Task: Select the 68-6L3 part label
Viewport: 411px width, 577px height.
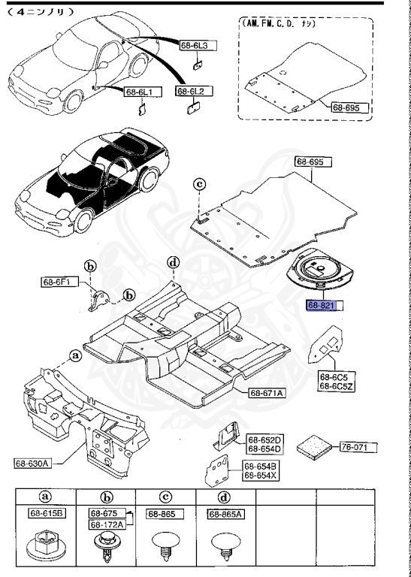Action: [x=197, y=46]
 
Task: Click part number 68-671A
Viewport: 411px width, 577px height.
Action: [x=267, y=393]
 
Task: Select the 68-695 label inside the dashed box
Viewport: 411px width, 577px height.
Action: [x=351, y=107]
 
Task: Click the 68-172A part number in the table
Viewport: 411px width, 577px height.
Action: [x=106, y=524]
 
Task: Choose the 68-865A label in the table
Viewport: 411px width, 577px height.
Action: [x=227, y=514]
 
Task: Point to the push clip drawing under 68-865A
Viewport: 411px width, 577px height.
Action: [x=225, y=547]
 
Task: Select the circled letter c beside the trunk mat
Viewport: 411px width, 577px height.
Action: [x=199, y=184]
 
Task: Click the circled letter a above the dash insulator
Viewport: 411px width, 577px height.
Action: [x=74, y=354]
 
